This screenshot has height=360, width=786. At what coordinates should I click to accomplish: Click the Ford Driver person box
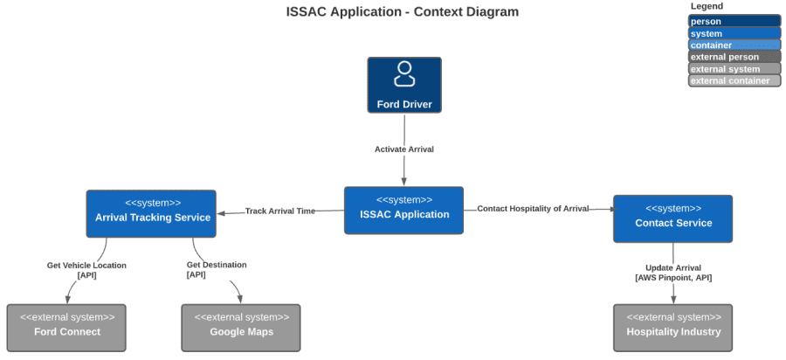coord(403,86)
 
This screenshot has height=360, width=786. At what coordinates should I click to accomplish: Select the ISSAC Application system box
coord(403,210)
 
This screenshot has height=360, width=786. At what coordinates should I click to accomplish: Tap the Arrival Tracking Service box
coord(151,213)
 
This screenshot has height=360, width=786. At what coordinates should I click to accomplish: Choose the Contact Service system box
coord(672,218)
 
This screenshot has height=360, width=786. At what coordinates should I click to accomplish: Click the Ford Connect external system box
coord(66,328)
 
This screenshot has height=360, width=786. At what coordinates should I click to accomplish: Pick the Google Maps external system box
coord(241,328)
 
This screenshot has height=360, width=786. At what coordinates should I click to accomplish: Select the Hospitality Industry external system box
coord(672,328)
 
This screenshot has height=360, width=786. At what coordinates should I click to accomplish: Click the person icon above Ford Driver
coord(404,74)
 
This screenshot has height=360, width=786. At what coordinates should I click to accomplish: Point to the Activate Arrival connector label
coord(403,149)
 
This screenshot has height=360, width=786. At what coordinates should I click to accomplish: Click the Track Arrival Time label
coord(279,211)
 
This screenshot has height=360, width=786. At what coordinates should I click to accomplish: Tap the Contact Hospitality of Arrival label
coord(533,209)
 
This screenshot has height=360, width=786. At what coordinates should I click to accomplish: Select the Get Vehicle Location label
coord(86,266)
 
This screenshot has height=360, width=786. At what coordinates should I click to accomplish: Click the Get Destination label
coord(217,265)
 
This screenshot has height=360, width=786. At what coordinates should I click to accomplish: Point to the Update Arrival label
coord(672,268)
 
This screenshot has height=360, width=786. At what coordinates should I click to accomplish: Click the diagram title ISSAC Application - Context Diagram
coord(403,12)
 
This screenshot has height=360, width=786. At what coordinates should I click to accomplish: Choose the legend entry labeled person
coord(734,21)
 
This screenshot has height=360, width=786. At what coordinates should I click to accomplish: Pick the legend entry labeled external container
coord(734,80)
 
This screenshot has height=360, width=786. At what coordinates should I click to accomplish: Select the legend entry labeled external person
coord(734,57)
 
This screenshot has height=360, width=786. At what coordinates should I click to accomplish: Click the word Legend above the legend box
coord(707,6)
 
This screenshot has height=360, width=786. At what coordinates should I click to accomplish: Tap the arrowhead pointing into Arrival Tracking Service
coord(222,212)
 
